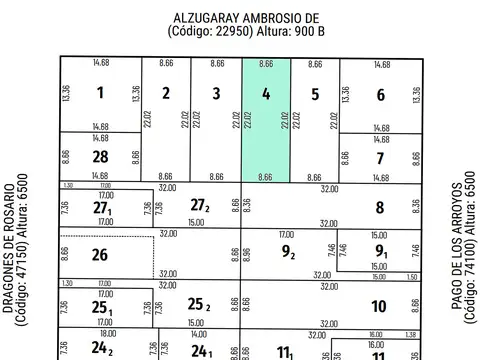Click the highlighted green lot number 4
266,95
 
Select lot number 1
100,95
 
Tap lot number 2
166,95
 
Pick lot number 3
216,95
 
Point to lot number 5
314,95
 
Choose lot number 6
380,95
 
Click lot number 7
380,158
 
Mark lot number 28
100,158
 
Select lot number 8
380,208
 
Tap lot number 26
99,255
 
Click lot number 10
380,306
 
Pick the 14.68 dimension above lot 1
100,63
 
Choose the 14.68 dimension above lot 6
382,63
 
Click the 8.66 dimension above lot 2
166,63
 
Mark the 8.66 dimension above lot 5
315,63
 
